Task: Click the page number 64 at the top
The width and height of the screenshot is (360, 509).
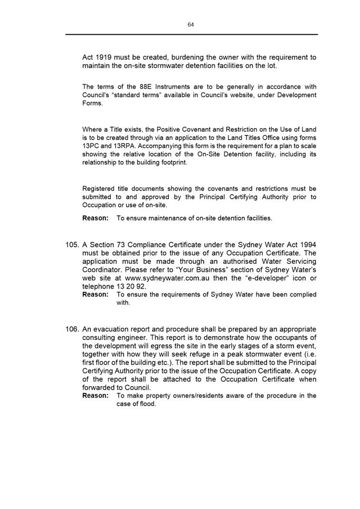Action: [x=191, y=25]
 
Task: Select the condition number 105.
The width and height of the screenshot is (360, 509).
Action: [x=72, y=245]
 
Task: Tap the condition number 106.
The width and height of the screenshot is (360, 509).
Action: [x=72, y=329]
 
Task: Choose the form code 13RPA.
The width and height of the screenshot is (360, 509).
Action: [x=126, y=146]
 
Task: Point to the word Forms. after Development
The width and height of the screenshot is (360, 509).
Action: [x=93, y=103]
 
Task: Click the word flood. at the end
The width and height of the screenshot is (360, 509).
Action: [x=148, y=404]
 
